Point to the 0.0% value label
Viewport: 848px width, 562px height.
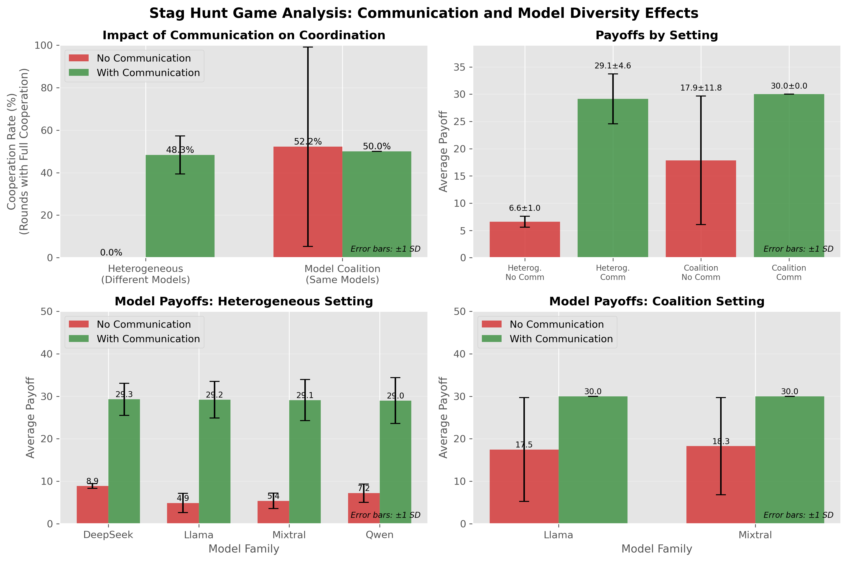(111, 253)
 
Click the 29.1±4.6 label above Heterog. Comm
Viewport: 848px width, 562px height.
(613, 66)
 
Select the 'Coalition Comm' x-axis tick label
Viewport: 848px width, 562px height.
(789, 272)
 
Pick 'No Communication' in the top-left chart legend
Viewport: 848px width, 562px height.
(144, 58)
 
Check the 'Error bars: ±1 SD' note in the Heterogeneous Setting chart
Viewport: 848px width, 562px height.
(385, 515)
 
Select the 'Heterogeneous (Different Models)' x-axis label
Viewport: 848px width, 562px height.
(145, 274)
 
